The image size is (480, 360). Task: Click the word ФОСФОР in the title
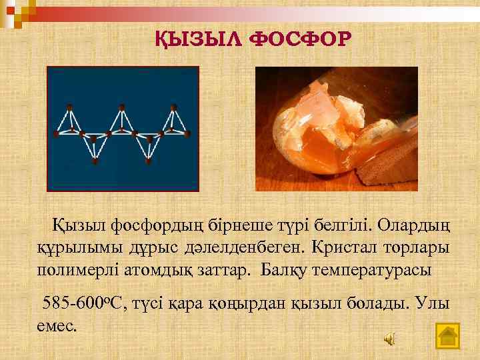coord(297,39)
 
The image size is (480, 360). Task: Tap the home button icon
coord(447,335)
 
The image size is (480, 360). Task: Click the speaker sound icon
coord(389,338)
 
